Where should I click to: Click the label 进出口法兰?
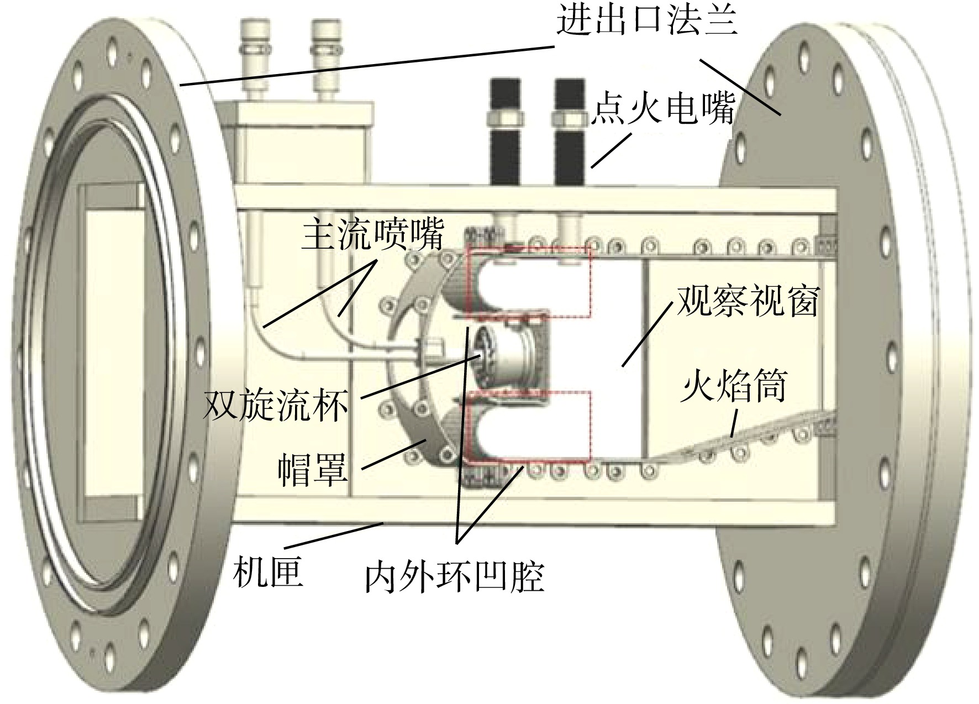point(647,22)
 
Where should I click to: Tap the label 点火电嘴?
point(663,108)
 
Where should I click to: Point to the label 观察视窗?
point(748,301)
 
